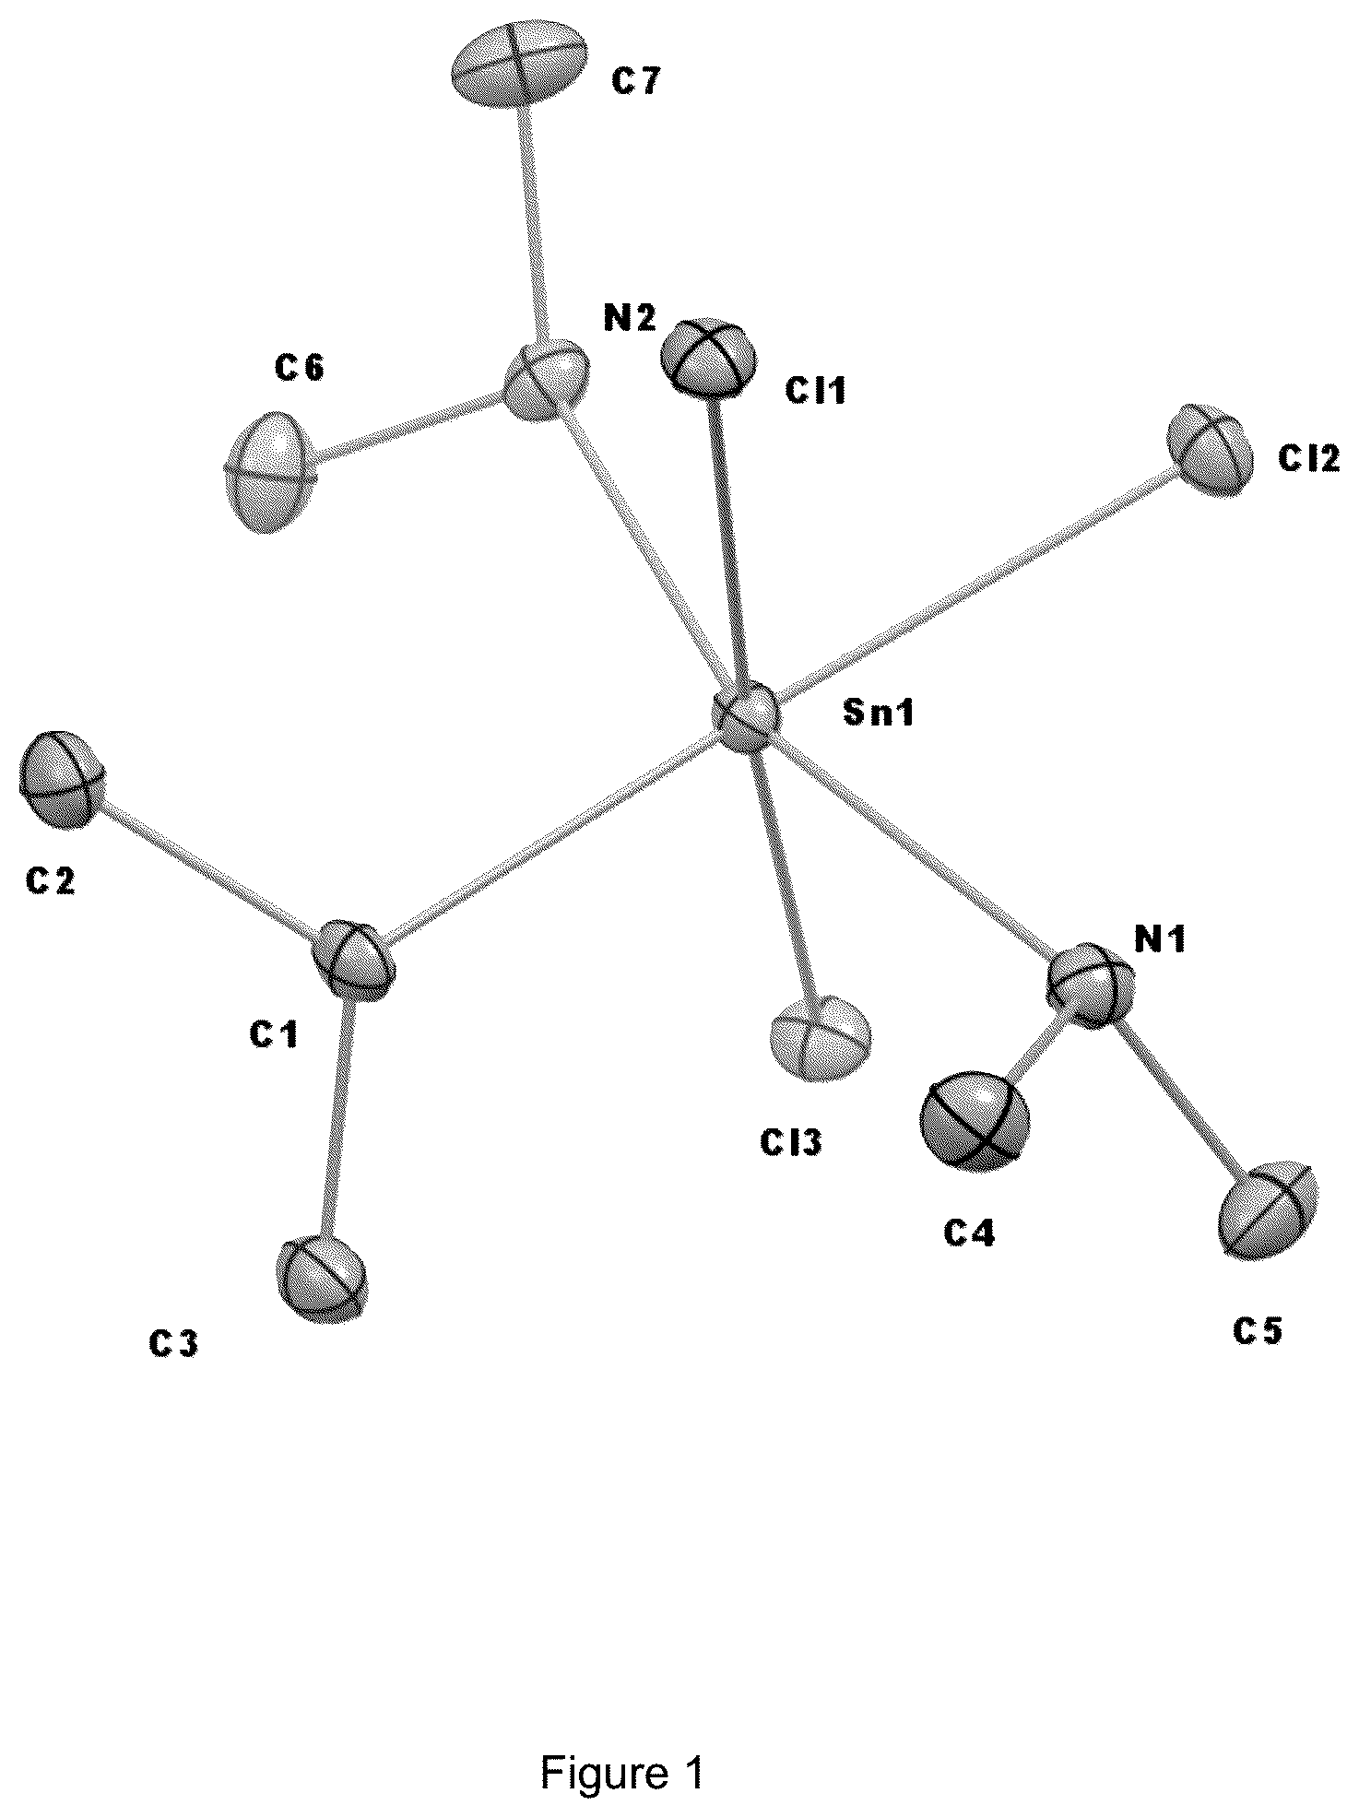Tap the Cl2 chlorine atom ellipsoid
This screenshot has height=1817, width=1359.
(x=1210, y=451)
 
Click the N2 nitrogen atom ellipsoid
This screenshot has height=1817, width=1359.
(x=548, y=380)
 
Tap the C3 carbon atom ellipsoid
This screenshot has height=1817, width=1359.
(x=321, y=1280)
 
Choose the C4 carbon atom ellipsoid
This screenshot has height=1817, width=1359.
(x=974, y=1120)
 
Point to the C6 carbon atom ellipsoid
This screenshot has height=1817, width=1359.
(x=270, y=471)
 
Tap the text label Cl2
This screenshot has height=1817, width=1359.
(x=1309, y=458)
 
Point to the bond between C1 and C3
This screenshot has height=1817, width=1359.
(x=337, y=1117)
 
